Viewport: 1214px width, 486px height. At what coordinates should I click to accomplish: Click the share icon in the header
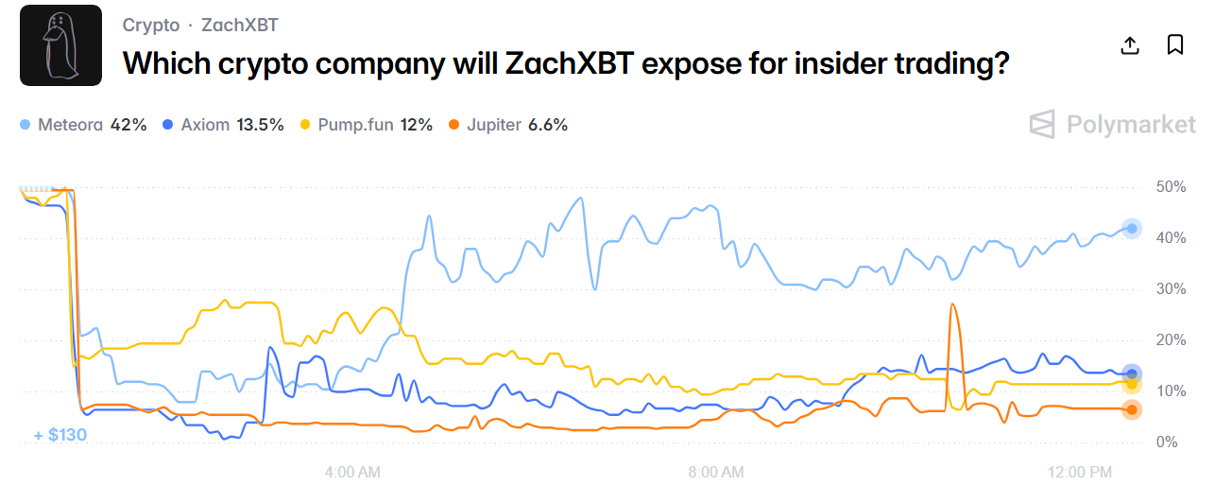[1130, 45]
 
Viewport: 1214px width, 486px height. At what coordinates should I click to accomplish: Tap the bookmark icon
[1175, 45]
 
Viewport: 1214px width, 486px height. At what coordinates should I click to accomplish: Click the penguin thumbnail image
[60, 45]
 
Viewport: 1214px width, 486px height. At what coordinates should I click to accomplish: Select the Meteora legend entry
[83, 125]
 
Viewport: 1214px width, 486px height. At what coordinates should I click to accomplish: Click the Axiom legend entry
[223, 125]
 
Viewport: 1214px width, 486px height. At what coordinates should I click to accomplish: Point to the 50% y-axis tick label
[1171, 187]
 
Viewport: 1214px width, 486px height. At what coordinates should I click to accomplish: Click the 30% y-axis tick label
[1171, 289]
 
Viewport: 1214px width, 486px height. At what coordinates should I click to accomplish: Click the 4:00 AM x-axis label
[352, 471]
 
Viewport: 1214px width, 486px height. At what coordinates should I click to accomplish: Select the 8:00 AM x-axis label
[715, 471]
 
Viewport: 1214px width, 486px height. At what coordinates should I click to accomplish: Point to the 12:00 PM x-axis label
[1080, 471]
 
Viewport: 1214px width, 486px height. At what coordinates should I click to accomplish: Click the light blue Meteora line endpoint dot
[1132, 228]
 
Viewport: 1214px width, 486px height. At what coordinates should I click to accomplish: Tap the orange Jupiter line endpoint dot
[1132, 409]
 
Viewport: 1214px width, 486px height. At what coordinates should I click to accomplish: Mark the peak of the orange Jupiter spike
[952, 304]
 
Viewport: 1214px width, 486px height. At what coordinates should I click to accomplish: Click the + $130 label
[60, 435]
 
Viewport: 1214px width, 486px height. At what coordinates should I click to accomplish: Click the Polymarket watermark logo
[1112, 125]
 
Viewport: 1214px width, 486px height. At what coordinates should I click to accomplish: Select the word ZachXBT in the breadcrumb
[240, 26]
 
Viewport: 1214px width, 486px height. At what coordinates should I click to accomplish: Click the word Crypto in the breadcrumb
[151, 26]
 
